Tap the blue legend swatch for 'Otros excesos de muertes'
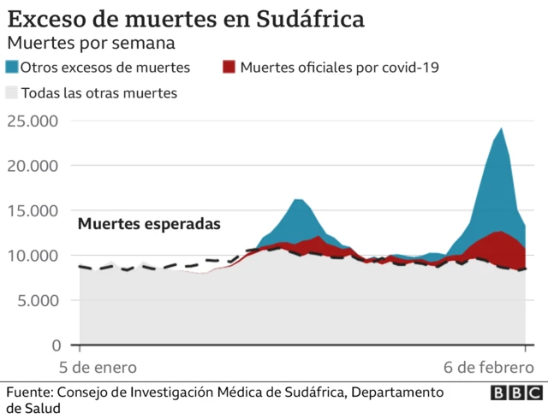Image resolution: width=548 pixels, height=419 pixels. pyautogui.click(x=11, y=68)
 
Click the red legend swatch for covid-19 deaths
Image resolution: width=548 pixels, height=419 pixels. pyautogui.click(x=229, y=68)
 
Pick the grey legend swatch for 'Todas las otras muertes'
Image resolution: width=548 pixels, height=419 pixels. pyautogui.click(x=11, y=92)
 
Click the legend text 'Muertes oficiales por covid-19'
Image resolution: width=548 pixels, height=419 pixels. pyautogui.click(x=339, y=68)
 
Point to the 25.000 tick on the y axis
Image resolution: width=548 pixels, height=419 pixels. pyautogui.click(x=32, y=121)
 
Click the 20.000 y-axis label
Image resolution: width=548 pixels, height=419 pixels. pyautogui.click(x=32, y=166)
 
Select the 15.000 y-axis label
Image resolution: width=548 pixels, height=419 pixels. pyautogui.click(x=32, y=210)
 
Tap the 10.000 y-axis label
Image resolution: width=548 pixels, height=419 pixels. pyautogui.click(x=32, y=256)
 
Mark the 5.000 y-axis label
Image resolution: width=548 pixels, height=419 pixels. pyautogui.click(x=36, y=300)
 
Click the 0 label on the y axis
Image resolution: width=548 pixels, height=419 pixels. pyautogui.click(x=56, y=345)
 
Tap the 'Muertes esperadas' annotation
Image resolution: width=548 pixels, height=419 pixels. pyautogui.click(x=149, y=224)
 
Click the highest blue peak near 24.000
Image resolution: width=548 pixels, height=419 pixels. pyautogui.click(x=501, y=129)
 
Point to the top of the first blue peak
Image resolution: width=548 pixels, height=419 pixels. pyautogui.click(x=298, y=200)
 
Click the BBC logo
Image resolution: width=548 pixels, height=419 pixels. pyautogui.click(x=515, y=392)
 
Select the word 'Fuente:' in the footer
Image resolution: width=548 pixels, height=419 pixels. pyautogui.click(x=29, y=392)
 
